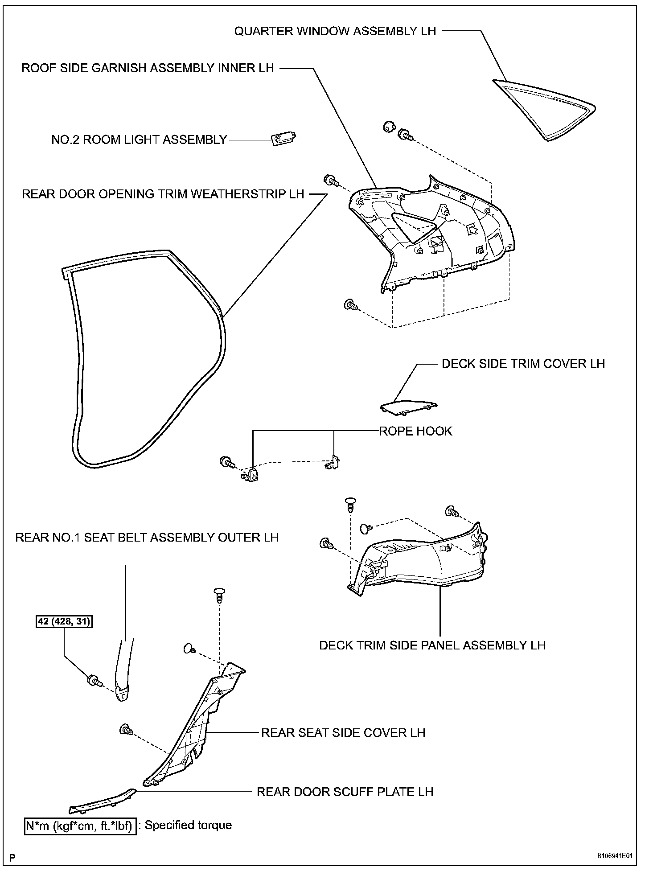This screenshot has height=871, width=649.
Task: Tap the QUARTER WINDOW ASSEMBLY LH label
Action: [x=335, y=31]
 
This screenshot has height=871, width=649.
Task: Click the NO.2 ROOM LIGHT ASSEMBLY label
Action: [x=139, y=140]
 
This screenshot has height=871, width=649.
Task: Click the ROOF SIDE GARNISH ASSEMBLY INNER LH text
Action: [x=148, y=68]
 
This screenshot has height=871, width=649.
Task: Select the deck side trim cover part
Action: [x=408, y=407]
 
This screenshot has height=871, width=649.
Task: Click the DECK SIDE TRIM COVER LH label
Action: [x=523, y=364]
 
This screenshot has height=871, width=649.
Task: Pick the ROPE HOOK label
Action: [x=415, y=431]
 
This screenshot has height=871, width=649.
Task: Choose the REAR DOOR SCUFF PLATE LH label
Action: [x=345, y=792]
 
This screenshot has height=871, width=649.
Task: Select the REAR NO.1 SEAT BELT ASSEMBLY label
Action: [x=147, y=537]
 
